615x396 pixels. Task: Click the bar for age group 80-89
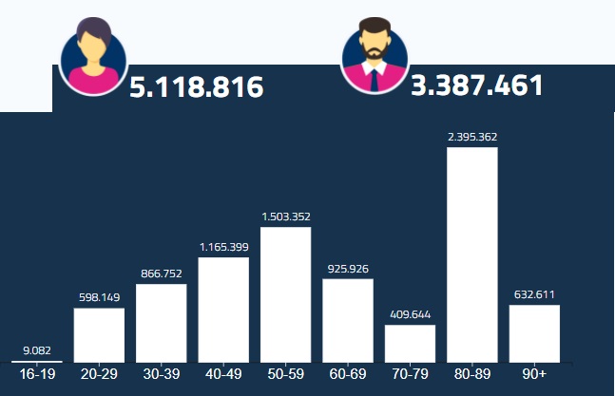471,254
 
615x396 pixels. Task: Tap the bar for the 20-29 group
99,334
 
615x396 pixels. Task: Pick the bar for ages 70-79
410,343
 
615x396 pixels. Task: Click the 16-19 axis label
37,374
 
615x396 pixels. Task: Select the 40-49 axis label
223,374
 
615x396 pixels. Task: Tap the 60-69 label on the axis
348,374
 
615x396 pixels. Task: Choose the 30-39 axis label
162,374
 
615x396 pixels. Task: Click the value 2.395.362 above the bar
472,137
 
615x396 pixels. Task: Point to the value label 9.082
37,350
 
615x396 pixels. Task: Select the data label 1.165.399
223,247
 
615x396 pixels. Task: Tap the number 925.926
348,269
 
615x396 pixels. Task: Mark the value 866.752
162,273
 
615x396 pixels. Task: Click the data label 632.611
534,294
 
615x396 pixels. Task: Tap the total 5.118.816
196,87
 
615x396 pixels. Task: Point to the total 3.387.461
477,85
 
